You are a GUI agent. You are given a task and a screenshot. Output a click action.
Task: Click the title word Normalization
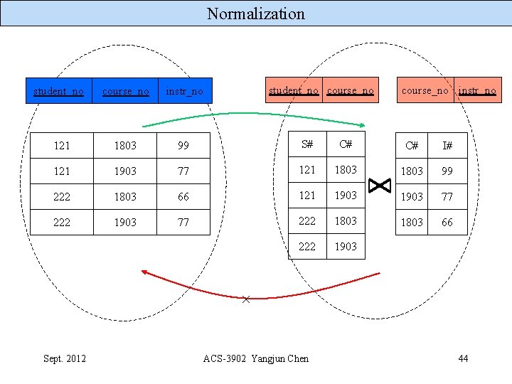click(256, 14)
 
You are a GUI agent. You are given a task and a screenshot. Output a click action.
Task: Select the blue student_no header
click(58, 91)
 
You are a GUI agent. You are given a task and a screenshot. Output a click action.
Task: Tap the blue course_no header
click(125, 91)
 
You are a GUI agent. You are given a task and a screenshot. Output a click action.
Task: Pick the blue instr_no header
click(184, 91)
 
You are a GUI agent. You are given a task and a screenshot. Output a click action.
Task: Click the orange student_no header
click(294, 90)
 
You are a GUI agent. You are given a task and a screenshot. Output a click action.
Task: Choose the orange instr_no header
click(477, 90)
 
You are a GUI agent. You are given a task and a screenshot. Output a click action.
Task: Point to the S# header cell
click(307, 144)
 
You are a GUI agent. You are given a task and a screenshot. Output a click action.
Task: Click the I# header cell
click(448, 146)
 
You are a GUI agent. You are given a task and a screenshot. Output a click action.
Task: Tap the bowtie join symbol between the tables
click(380, 186)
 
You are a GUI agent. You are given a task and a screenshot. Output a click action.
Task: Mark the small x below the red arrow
click(246, 299)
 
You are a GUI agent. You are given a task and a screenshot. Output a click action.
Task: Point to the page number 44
click(463, 358)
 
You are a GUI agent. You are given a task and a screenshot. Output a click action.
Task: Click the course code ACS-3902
click(224, 358)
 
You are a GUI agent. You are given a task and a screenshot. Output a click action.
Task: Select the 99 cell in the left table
click(183, 146)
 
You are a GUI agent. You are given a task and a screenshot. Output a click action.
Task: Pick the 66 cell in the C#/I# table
click(448, 223)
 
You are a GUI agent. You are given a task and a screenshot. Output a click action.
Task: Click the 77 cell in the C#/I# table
click(448, 197)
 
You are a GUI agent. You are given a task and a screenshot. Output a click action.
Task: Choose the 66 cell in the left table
click(183, 197)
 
